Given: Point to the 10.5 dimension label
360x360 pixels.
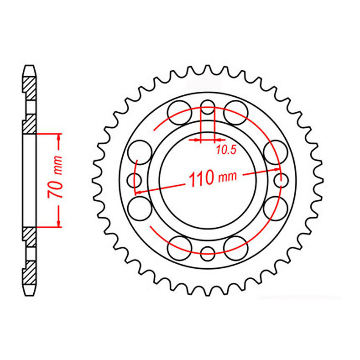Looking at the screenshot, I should tap(226, 150).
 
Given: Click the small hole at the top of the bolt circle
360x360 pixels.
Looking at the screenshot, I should tap(207, 108).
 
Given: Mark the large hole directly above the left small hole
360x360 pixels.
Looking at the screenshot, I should tap(140, 152).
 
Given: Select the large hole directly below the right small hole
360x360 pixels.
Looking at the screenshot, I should tap(275, 208).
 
